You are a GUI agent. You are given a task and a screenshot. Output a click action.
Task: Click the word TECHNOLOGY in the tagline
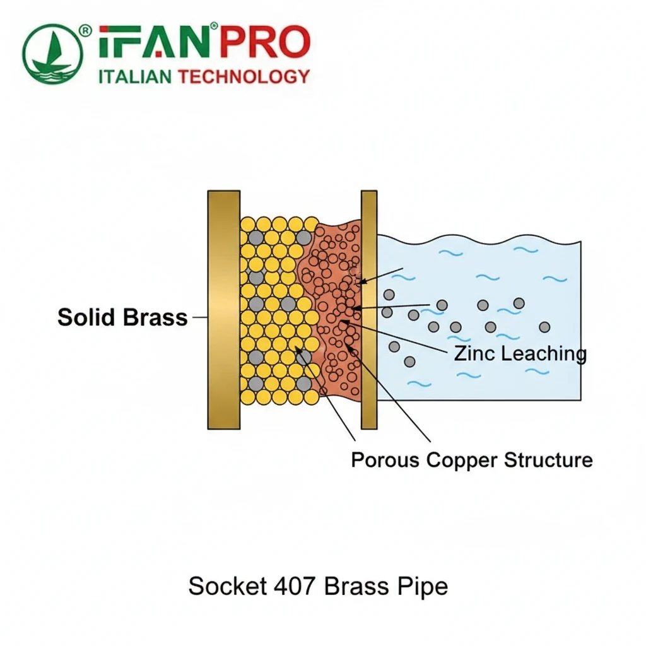(x=244, y=77)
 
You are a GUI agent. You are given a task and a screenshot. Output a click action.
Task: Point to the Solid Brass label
(x=122, y=317)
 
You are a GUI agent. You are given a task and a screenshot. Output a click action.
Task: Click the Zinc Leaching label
(x=520, y=354)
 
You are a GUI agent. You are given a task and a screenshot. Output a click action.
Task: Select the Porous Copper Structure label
(x=471, y=460)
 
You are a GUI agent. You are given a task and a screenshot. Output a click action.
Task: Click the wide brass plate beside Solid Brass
(x=223, y=309)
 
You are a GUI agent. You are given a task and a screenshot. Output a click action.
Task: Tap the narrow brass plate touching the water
(x=369, y=309)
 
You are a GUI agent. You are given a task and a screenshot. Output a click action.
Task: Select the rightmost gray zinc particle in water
(x=544, y=327)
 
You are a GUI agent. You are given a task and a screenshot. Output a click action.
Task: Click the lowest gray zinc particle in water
(x=409, y=361)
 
